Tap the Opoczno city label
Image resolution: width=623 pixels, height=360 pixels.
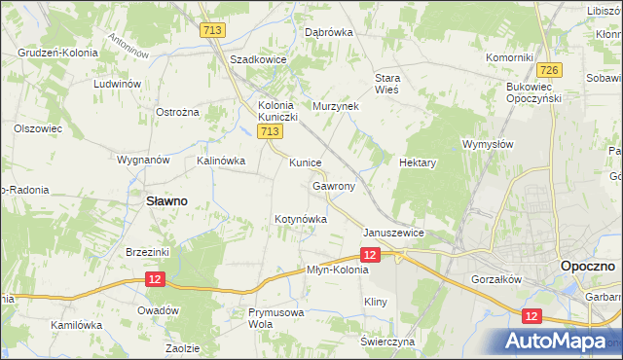[586, 265]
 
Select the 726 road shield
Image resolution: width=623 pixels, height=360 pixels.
[549, 70]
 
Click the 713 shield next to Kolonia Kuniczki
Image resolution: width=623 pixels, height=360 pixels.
[272, 131]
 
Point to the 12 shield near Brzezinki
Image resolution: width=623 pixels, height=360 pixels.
[155, 278]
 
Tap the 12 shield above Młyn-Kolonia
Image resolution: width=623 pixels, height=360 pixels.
[369, 254]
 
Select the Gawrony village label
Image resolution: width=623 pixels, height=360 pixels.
[334, 185]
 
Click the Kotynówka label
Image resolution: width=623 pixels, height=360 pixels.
[300, 220]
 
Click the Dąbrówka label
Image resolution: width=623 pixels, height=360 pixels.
[329, 32]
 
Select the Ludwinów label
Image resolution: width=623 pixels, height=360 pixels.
[118, 85]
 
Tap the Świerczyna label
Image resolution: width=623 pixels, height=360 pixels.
[387, 342]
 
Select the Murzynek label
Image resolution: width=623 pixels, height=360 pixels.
[337, 105]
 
